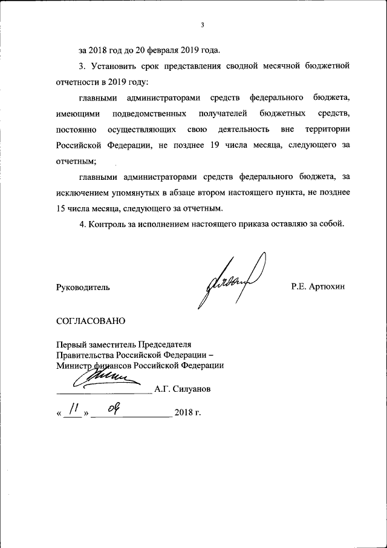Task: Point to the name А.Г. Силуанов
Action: [x=182, y=389]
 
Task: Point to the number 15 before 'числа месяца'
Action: [x=60, y=208]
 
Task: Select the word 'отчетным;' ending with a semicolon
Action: [x=76, y=161]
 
